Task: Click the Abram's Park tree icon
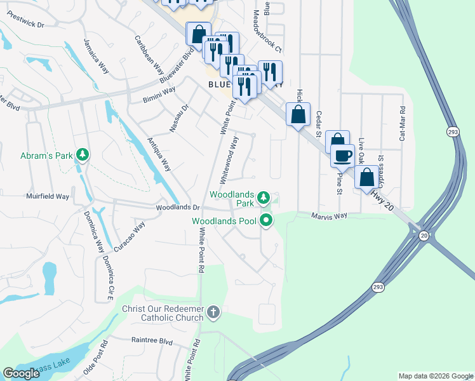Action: [x=82, y=154]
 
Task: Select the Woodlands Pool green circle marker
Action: [x=267, y=221]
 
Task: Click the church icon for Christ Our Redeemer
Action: [x=213, y=312]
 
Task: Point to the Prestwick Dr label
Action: [x=23, y=25]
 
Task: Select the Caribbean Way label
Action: [x=145, y=53]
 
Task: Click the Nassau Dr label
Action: [x=179, y=119]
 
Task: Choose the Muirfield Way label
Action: [x=48, y=197]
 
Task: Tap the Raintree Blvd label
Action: [x=152, y=341]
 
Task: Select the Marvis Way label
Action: [x=329, y=216]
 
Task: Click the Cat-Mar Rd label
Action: [x=402, y=124]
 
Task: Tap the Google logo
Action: [x=22, y=373]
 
